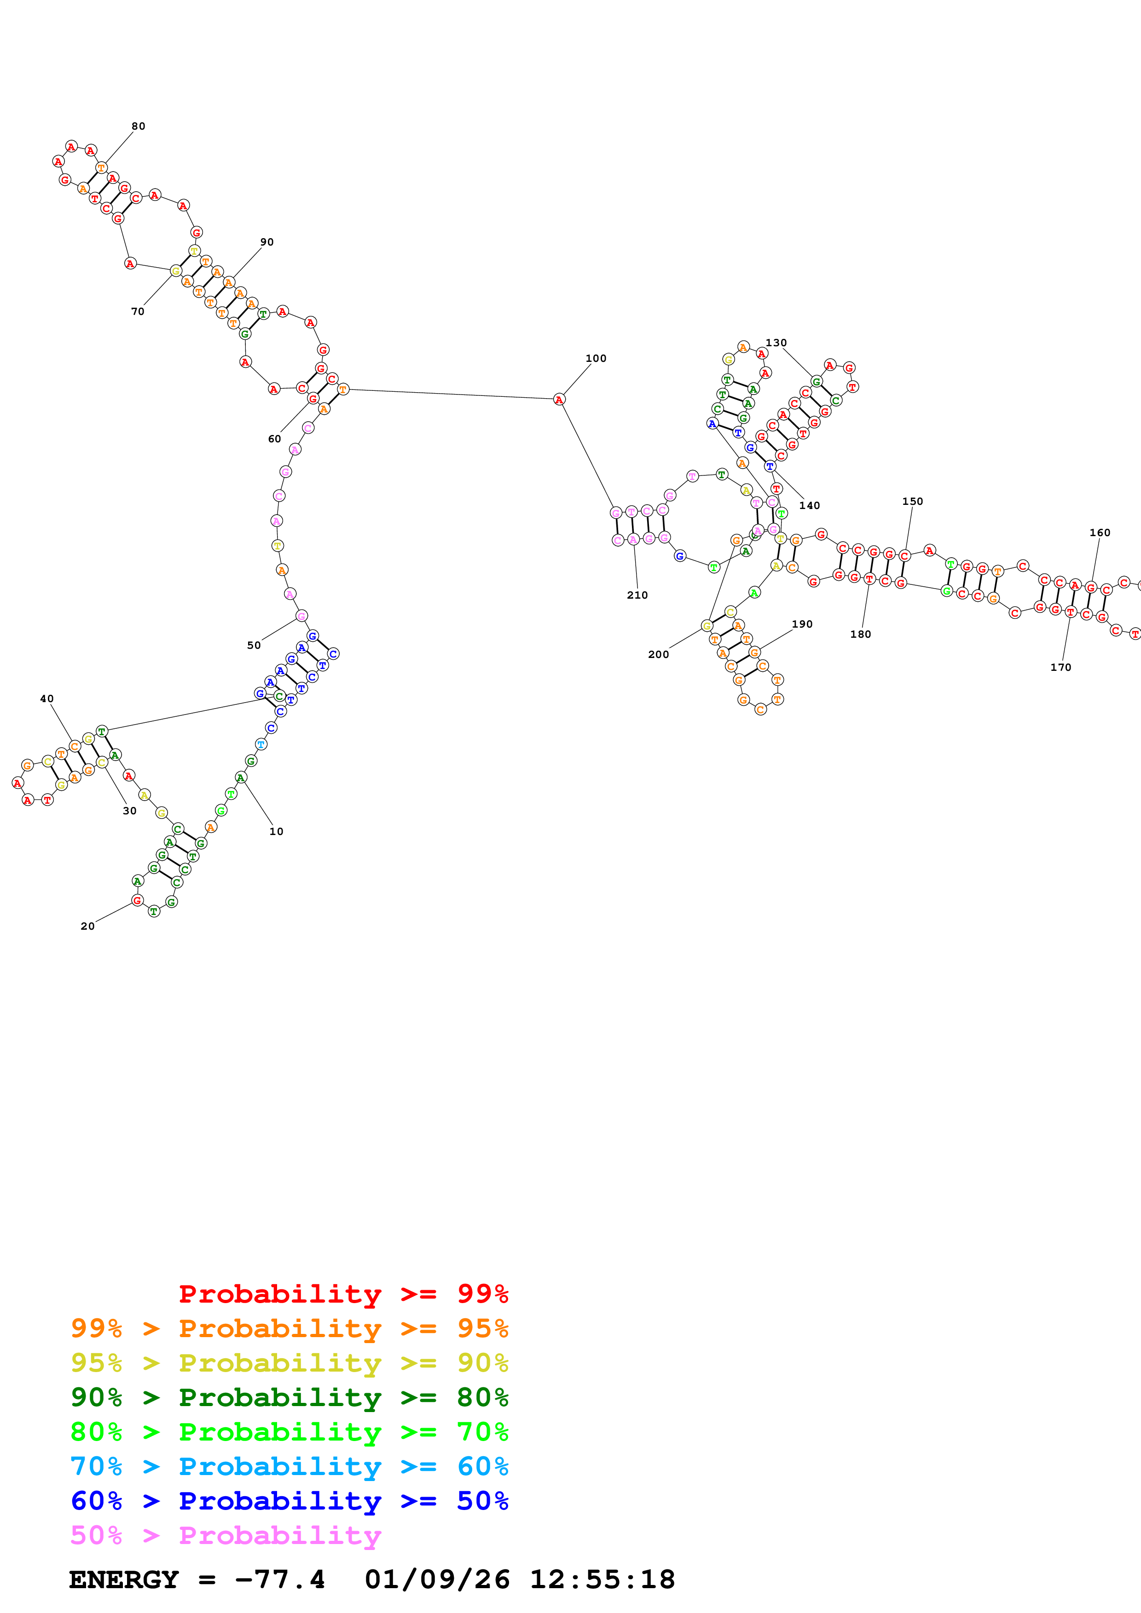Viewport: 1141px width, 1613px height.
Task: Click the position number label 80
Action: pos(139,126)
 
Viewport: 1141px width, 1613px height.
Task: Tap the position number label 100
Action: pos(596,358)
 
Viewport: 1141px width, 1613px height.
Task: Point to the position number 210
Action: pos(637,595)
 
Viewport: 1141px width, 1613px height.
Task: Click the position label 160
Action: pos(1100,532)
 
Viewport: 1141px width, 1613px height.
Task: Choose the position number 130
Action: pos(776,343)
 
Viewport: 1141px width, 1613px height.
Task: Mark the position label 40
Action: pos(47,698)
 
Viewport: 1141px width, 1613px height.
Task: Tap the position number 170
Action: pos(1060,667)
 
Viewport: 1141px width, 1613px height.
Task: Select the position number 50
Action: pos(254,645)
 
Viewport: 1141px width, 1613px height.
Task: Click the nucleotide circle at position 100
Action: pos(559,400)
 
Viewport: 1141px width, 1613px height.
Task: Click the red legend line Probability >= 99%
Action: pos(343,1293)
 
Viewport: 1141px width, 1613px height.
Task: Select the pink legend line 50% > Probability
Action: pos(226,1535)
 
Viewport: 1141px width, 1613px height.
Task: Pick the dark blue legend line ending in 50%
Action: pos(289,1501)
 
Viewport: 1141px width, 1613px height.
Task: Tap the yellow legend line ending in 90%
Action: pos(289,1362)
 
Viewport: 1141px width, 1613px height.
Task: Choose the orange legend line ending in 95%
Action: pos(289,1328)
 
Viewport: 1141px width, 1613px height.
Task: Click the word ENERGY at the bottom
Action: pos(124,1579)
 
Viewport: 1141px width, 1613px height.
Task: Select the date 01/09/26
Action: pos(437,1579)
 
